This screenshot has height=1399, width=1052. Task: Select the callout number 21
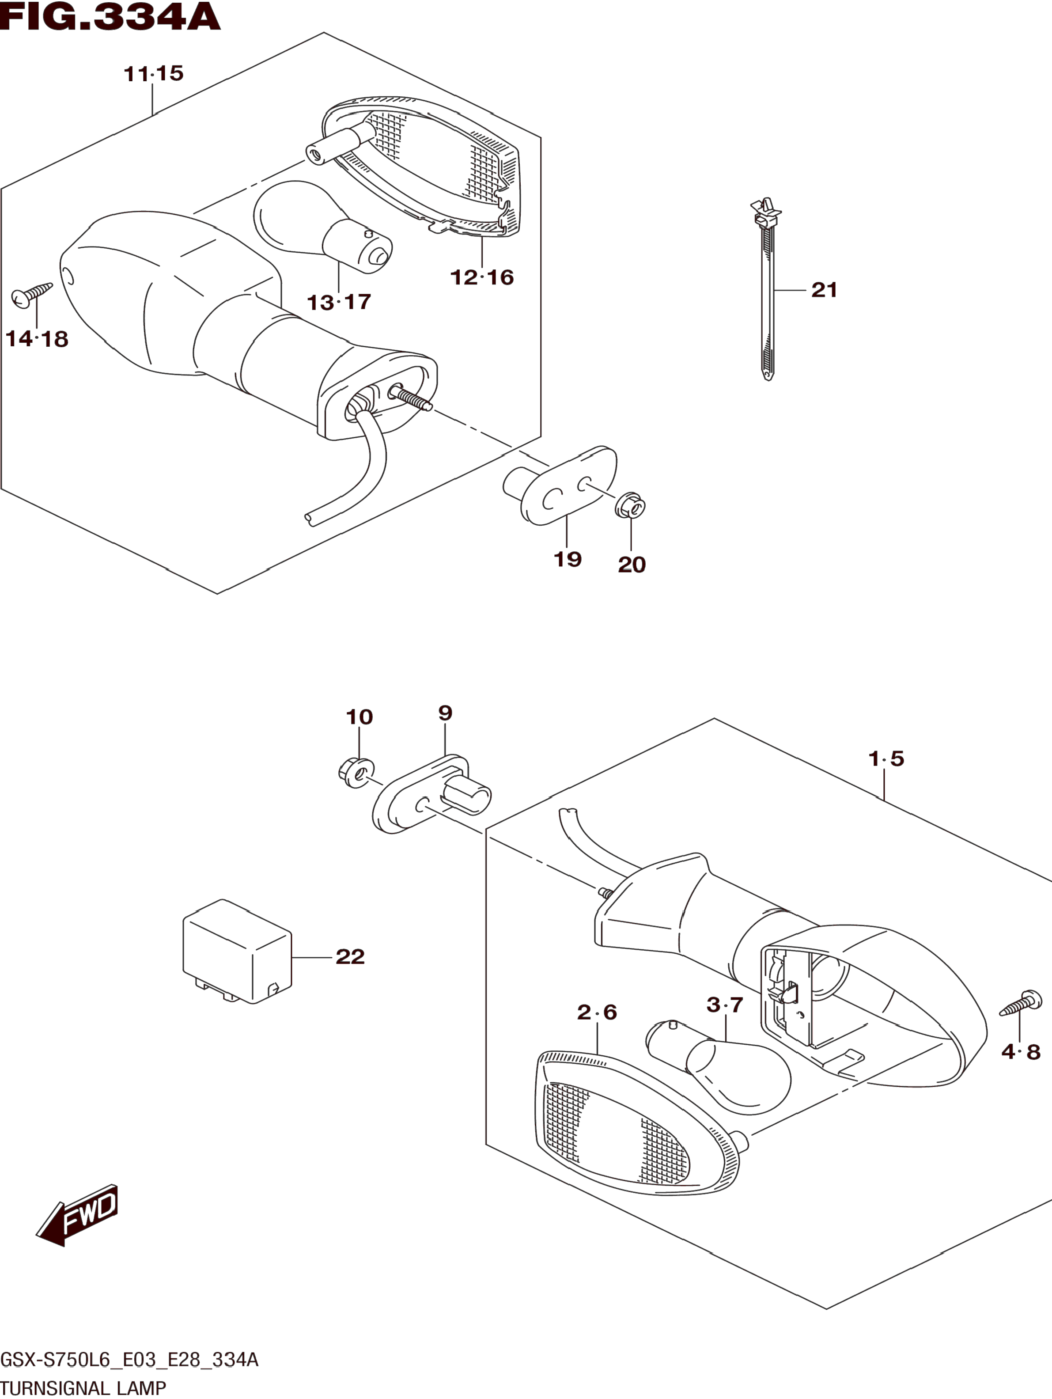point(824,290)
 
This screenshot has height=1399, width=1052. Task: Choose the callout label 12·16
point(482,277)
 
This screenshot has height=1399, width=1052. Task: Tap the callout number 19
point(567,559)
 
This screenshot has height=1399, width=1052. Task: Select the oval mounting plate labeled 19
point(563,487)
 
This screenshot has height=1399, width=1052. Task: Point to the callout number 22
point(350,956)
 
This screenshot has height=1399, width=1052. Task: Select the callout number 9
point(445,713)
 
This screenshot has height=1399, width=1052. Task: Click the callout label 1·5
point(886,758)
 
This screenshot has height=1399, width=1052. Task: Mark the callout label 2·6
point(596,1012)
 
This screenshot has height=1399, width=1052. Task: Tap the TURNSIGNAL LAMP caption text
point(83,1388)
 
